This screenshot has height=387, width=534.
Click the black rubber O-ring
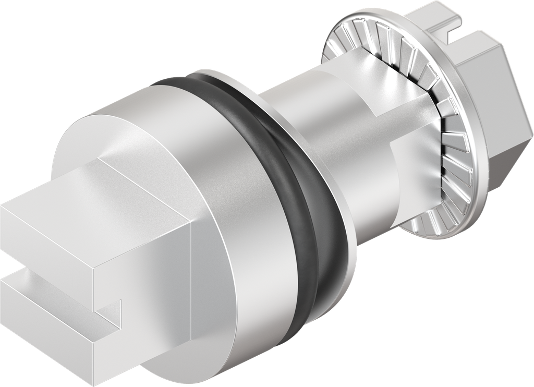click(x=318, y=209)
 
